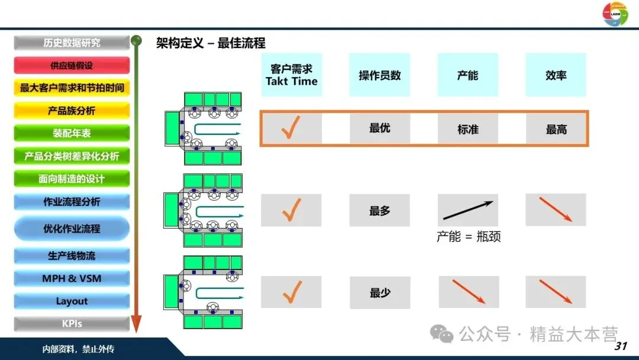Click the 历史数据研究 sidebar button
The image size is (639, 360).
(x=72, y=43)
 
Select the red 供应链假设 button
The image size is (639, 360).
(x=72, y=66)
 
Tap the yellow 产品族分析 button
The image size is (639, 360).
(x=72, y=111)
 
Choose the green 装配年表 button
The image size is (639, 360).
(x=72, y=133)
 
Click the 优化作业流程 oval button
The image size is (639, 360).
(x=72, y=229)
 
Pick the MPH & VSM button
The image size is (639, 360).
(x=72, y=278)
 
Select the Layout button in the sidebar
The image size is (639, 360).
(x=72, y=301)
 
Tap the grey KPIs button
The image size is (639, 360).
(x=72, y=324)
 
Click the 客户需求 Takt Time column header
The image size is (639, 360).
(x=291, y=75)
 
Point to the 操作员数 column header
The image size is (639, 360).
(x=379, y=75)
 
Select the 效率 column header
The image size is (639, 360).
(x=556, y=75)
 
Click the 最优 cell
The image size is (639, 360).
(x=379, y=128)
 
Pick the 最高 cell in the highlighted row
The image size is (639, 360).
(x=556, y=129)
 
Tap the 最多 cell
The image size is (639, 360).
(x=379, y=211)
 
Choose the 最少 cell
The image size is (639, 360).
(x=379, y=292)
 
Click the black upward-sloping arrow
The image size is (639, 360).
(x=468, y=210)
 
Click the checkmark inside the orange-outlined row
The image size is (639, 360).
(x=291, y=128)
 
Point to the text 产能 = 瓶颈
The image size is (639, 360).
(x=469, y=237)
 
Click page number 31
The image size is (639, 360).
(x=621, y=346)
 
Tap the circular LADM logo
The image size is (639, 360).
(x=615, y=14)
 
